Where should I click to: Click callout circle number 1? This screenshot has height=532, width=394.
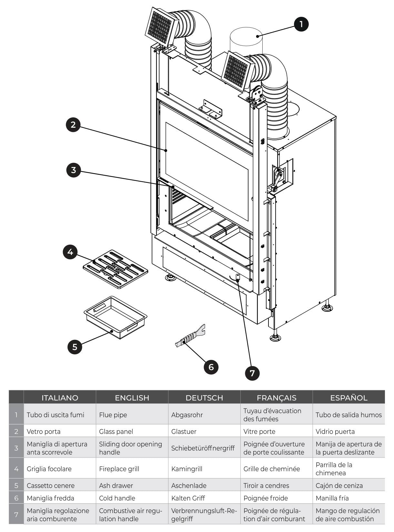(301, 24)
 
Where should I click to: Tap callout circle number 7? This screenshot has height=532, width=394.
(252, 373)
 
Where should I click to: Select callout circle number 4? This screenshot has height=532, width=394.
(70, 251)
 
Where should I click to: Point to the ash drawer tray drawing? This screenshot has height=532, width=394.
(116, 318)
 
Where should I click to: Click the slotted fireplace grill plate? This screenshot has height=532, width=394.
(116, 269)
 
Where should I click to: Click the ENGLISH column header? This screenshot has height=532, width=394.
(132, 398)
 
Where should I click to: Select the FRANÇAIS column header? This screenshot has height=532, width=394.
(276, 398)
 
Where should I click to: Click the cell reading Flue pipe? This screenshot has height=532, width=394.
(132, 415)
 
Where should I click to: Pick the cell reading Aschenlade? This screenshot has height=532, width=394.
(204, 485)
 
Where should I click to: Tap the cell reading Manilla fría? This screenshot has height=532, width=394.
(349, 498)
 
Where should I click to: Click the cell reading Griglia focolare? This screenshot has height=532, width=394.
(60, 468)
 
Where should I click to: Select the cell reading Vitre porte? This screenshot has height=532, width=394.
(276, 431)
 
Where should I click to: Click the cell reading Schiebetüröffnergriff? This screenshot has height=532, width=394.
(204, 448)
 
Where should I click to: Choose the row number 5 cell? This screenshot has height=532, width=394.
(16, 485)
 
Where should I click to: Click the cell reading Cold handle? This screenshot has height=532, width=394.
(132, 498)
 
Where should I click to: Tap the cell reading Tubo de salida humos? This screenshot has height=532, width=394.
(349, 415)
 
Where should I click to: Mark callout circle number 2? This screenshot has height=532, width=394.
(73, 124)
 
